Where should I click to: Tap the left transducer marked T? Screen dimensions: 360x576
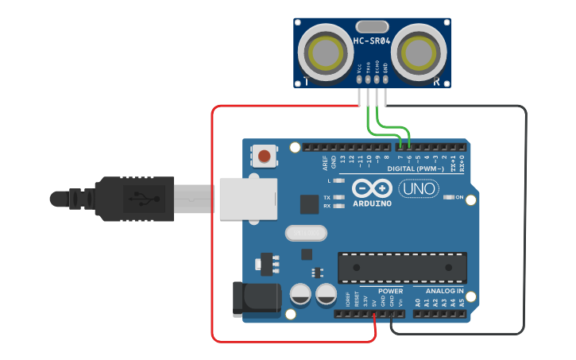point(325,54)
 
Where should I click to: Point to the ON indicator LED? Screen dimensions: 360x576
point(449,197)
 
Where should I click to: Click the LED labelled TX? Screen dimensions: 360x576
point(339,197)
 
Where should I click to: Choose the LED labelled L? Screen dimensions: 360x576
point(339,181)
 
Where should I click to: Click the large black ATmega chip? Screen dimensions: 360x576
point(401,268)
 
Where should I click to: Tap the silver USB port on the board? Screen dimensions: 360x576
point(248,198)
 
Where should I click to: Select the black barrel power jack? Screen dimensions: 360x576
point(256,299)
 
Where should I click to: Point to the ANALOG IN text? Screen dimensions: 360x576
point(439,292)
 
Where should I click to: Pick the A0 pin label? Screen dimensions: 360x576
point(418,303)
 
